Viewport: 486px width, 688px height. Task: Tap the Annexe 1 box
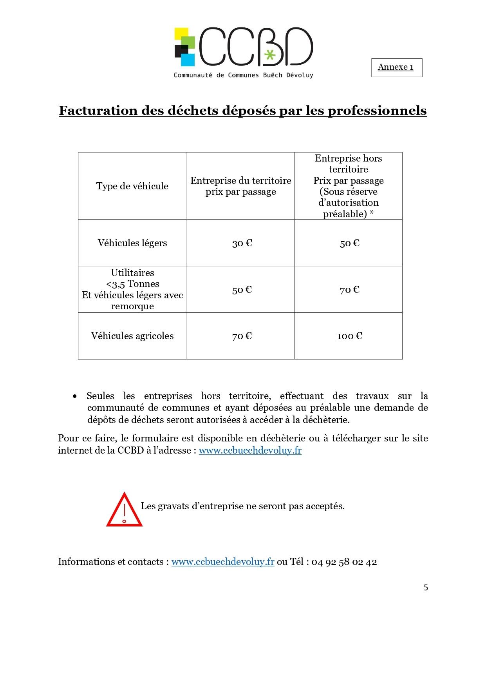396,67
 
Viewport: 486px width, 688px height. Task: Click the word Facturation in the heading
98,111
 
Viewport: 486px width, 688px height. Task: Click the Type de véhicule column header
132,186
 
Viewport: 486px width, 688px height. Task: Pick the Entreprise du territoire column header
241,186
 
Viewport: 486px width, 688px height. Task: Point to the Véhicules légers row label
132,243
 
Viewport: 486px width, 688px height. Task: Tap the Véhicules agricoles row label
132,336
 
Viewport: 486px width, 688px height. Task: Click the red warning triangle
124,510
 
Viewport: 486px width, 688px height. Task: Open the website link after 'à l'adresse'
250,450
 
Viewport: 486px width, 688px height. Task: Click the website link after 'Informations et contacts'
222,562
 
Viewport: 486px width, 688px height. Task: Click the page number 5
426,588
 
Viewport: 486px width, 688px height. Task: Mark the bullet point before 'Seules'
74,396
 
